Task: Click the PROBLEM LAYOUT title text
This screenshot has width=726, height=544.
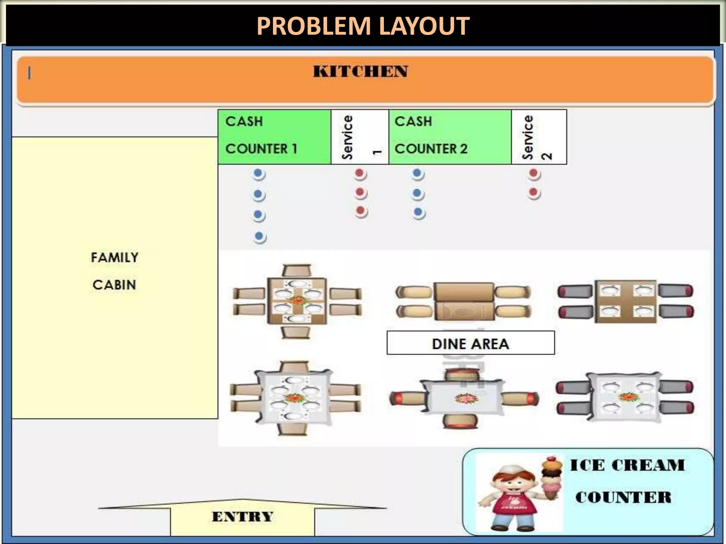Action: click(363, 26)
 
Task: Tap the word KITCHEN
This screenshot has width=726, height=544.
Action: click(360, 72)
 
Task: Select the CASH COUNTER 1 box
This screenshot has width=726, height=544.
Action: click(274, 137)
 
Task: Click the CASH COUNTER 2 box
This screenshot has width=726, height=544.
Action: click(449, 137)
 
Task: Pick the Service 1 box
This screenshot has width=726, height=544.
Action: click(360, 137)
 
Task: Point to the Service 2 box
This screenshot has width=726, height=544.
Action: click(539, 137)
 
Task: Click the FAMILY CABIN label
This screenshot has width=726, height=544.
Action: click(115, 271)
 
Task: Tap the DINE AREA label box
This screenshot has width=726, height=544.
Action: click(470, 343)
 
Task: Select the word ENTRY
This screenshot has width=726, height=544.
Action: click(243, 517)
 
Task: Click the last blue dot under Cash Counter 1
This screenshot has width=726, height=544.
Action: click(259, 236)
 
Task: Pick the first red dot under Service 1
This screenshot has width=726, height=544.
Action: click(360, 174)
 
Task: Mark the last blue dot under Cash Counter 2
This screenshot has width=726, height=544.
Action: click(419, 212)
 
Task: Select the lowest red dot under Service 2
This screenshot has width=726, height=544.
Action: click(534, 193)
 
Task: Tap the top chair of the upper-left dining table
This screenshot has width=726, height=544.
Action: click(296, 271)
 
